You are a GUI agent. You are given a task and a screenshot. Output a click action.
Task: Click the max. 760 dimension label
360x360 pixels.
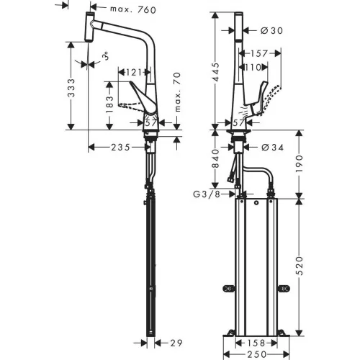coord(133,9)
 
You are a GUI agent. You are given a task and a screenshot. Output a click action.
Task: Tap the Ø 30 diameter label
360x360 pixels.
coord(271,30)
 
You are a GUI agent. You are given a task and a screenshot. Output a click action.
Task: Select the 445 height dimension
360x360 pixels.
coord(216,72)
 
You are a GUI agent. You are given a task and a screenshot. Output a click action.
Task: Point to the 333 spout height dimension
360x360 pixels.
coord(71,88)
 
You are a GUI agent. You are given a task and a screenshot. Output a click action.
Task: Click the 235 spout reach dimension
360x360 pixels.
coord(121,147)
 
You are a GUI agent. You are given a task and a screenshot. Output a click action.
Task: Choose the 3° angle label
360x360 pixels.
coord(105,56)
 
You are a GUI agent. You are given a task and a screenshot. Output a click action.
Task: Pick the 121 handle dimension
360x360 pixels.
coord(134,72)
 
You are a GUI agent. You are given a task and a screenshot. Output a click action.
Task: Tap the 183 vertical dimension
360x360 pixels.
coord(109,104)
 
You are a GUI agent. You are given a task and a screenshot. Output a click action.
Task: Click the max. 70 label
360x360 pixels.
coord(177,92)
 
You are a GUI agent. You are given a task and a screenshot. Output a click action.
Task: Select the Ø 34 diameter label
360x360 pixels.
coord(272,147)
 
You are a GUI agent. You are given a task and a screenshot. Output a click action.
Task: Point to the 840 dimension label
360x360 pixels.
coord(216,158)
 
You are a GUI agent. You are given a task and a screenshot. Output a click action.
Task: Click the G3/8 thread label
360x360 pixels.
coord(207,194)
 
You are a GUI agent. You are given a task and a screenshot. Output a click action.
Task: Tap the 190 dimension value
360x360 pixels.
coord(300,163)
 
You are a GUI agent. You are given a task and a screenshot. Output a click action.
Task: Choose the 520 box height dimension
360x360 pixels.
coord(300,266)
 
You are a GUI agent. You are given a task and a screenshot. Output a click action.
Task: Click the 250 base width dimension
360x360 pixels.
coord(256,354)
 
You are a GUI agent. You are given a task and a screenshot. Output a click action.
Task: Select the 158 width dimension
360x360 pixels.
coord(256,343)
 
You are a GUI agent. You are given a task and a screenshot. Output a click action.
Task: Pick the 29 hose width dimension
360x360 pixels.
coord(176,343)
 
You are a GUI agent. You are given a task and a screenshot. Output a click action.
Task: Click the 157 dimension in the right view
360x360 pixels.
coord(259,53)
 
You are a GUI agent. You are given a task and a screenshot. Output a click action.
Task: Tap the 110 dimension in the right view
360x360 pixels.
coord(253,68)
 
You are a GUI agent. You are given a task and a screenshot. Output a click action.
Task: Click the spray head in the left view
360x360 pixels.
coord(89,27)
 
